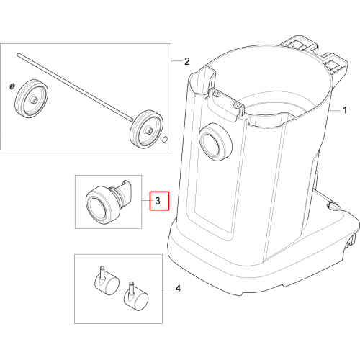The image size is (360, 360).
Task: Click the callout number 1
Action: click(x=345, y=110)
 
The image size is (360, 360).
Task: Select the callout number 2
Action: click(x=187, y=61)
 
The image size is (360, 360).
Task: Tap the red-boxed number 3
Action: click(x=158, y=201)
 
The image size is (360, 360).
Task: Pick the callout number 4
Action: click(x=178, y=289)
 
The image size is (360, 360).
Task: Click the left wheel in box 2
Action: click(x=32, y=98)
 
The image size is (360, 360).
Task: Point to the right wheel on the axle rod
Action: click(x=146, y=129)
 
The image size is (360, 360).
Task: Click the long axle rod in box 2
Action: click(x=75, y=87)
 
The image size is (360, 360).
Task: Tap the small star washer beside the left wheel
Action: click(x=13, y=86)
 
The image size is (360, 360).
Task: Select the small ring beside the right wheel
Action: click(x=165, y=139)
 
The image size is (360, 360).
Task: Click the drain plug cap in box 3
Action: click(x=99, y=204)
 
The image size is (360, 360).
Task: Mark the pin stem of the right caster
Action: click(x=131, y=289)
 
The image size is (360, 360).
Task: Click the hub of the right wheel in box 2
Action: click(x=148, y=130)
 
